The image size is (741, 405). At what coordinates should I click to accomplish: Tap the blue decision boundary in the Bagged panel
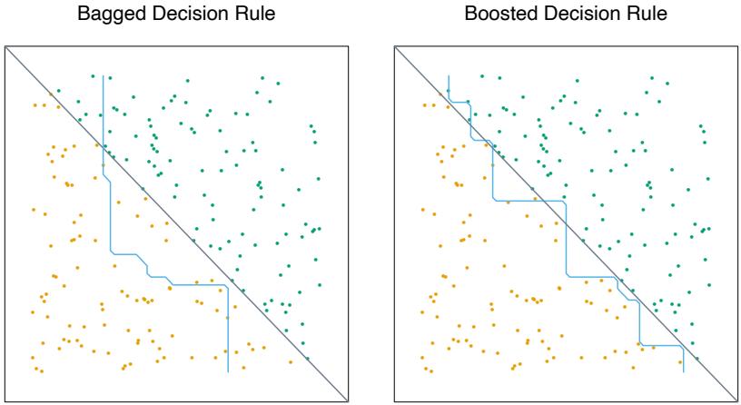click(x=110, y=218)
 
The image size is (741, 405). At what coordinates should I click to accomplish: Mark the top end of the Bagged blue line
click(x=103, y=76)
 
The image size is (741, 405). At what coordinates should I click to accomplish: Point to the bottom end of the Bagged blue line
click(x=227, y=371)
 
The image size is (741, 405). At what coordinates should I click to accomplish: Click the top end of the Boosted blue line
click(x=449, y=76)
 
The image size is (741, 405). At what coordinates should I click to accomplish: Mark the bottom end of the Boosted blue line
click(x=683, y=371)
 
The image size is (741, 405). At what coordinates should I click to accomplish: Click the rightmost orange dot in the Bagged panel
click(x=264, y=345)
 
